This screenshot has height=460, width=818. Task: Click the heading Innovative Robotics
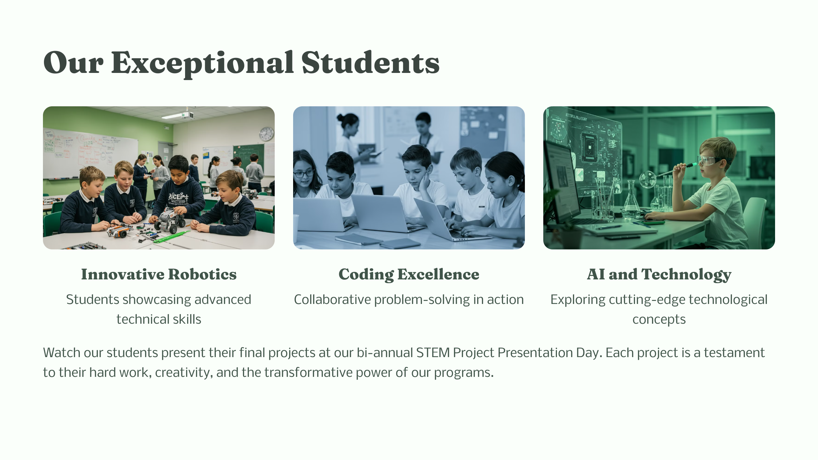159,274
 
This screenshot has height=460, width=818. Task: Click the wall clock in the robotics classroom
267,134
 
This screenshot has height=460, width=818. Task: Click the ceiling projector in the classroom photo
187,115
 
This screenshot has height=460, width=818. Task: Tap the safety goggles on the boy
710,160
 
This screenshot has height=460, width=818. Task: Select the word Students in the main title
370,63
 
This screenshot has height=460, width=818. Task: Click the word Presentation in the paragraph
535,353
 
